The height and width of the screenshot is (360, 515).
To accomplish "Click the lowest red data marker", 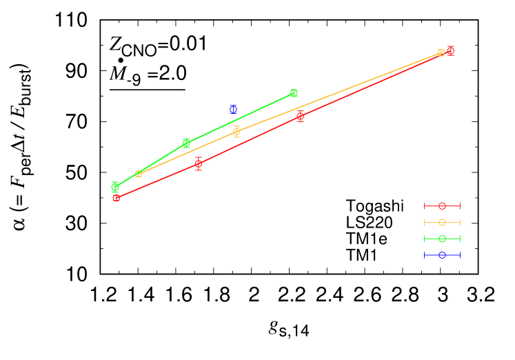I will click(x=116, y=198).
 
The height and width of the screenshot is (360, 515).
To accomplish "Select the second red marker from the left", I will click(x=199, y=164).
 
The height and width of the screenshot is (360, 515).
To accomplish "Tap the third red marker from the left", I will click(x=300, y=116).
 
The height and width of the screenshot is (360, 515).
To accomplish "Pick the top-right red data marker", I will click(x=450, y=50).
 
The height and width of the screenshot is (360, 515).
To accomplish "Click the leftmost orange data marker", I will click(x=139, y=174).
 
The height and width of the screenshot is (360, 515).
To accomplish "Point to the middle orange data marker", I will click(x=236, y=131).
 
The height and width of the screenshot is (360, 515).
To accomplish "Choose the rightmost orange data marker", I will click(x=441, y=53).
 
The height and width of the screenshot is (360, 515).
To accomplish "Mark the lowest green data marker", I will click(x=115, y=186).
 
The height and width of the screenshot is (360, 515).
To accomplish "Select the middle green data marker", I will click(x=186, y=143).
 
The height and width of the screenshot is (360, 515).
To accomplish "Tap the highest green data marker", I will click(x=294, y=93).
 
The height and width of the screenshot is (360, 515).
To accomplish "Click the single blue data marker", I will click(x=233, y=109).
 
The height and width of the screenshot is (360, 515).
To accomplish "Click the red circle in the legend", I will click(x=442, y=206).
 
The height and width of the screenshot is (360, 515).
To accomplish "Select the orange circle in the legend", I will click(x=442, y=222).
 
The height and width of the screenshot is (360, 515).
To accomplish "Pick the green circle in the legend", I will click(x=442, y=239).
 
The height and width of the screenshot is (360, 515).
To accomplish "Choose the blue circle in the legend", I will click(x=442, y=255).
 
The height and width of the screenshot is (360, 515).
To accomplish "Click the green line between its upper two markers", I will click(x=240, y=118).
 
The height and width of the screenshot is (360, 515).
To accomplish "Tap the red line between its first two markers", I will click(x=157, y=181).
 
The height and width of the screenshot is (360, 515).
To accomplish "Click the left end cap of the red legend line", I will click(x=425, y=206).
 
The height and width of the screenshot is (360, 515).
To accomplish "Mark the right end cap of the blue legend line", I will click(x=459, y=255).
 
